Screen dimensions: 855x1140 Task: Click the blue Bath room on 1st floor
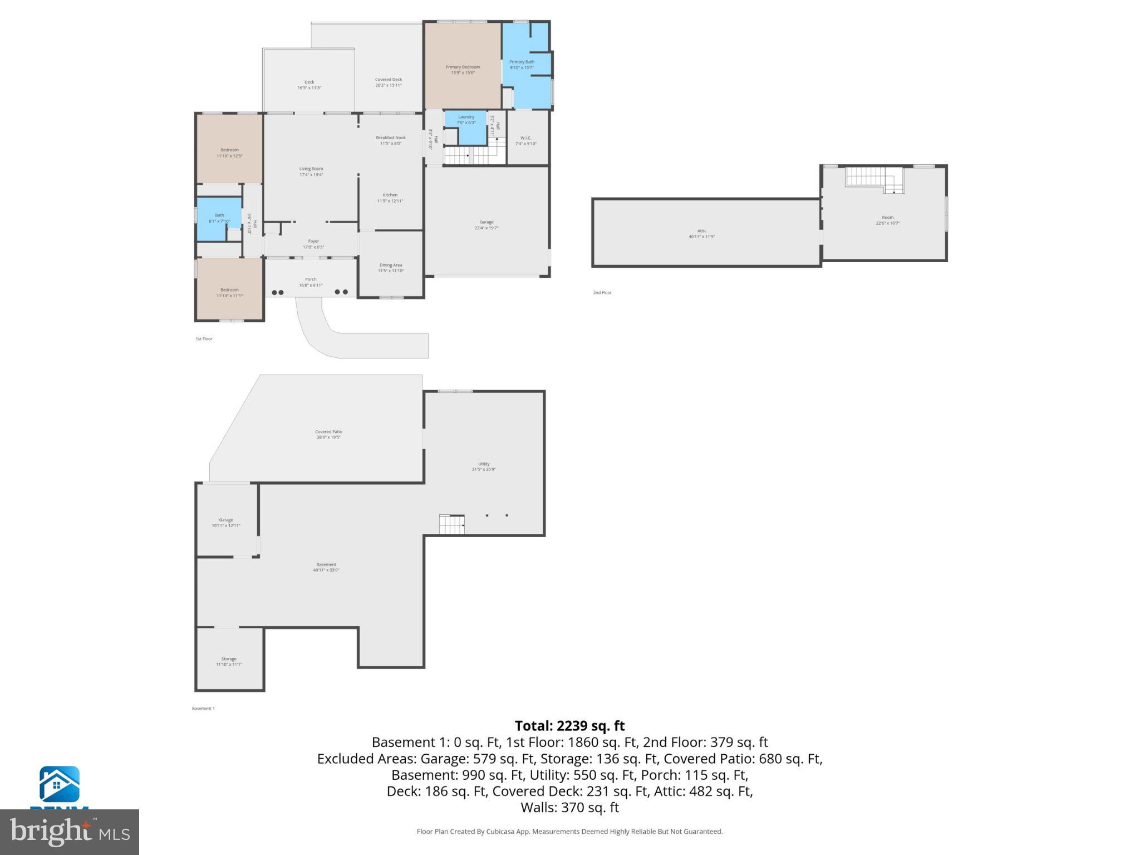(219, 218)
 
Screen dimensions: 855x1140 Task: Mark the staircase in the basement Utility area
(451, 524)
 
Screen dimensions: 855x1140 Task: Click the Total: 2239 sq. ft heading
(569, 726)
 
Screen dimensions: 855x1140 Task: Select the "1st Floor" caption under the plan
(204, 339)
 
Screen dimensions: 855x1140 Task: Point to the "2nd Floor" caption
(602, 293)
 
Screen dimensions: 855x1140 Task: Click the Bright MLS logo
(69, 832)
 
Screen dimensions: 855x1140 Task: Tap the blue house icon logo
(59, 784)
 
